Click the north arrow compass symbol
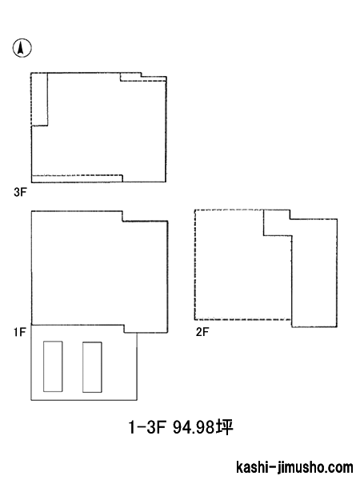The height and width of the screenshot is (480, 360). tap(22, 48)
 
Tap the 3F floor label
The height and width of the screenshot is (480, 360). tap(20, 192)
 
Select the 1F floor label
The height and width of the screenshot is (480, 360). tap(19, 332)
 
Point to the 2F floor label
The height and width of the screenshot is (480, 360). tap(202, 332)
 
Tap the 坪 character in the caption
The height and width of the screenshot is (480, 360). tap(224, 426)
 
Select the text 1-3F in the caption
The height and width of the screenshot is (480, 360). tap(147, 427)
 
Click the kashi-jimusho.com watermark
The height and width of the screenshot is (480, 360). tap(294, 467)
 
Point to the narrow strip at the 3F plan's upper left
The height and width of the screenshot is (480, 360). tap(39, 99)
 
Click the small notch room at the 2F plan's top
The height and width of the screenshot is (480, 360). tap(277, 222)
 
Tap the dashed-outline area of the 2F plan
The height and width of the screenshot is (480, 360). tap(243, 265)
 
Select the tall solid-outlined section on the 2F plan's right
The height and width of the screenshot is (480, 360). tap(314, 273)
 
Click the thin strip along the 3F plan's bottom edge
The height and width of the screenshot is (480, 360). tap(77, 178)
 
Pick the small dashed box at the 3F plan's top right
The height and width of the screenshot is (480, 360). tap(143, 77)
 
